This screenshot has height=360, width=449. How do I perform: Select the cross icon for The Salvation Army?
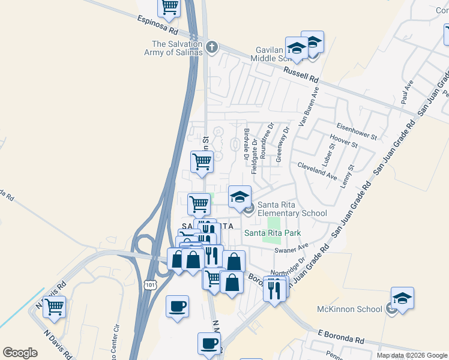tap(211, 47)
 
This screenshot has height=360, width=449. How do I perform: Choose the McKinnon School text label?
tap(349, 309)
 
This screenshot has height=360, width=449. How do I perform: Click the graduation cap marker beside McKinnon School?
tap(402, 298)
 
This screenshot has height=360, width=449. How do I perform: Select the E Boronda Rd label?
tap(341, 337)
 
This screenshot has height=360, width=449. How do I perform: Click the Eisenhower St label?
tap(357, 131)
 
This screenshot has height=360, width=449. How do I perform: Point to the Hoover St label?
tap(348, 145)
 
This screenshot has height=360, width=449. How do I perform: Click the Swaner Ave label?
tap(291, 248)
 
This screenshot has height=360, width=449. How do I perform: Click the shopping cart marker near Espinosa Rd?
tap(169, 7)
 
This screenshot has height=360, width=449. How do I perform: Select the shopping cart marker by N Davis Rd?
tap(54, 306)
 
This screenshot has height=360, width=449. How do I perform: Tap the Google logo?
tap(20, 353)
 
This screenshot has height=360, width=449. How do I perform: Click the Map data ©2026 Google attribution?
tap(411, 355)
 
